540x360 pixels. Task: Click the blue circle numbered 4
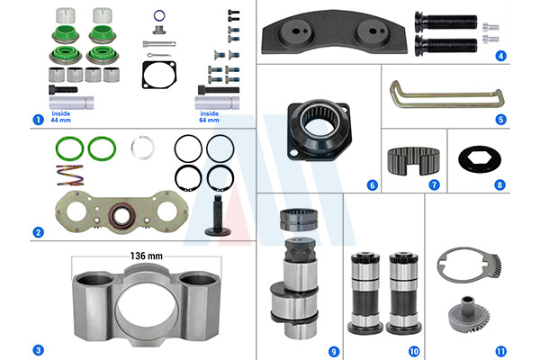[500, 56]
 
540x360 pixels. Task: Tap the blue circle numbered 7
[435, 185]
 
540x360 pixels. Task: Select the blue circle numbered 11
[500, 351]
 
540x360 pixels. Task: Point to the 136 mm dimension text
[147, 256]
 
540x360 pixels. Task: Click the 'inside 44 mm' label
[61, 117]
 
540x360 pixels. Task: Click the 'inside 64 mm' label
[209, 117]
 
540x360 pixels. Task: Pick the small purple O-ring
[159, 15]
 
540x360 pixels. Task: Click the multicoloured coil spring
[70, 175]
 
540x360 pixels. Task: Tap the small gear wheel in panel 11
[468, 314]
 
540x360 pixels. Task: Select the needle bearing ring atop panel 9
[299, 220]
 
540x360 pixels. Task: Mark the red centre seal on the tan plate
[121, 216]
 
